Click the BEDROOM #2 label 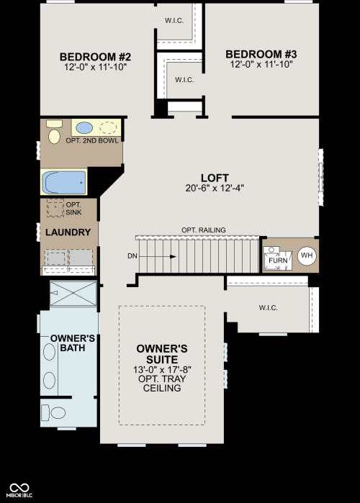click(95, 57)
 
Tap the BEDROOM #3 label click(261, 54)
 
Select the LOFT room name click(215, 178)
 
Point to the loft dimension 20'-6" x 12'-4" click(215, 188)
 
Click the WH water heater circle click(307, 255)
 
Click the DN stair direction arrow click(157, 256)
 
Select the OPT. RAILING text click(204, 230)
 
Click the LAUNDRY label click(68, 232)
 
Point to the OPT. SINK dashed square click(55, 208)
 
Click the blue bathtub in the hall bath click(64, 183)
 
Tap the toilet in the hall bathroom click(54, 132)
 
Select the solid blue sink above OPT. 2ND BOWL click(84, 127)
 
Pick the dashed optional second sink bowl click(108, 127)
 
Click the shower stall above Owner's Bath click(73, 293)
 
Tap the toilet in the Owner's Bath click(53, 413)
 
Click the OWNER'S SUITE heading click(162, 354)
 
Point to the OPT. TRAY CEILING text click(162, 384)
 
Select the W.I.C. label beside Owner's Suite click(269, 308)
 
